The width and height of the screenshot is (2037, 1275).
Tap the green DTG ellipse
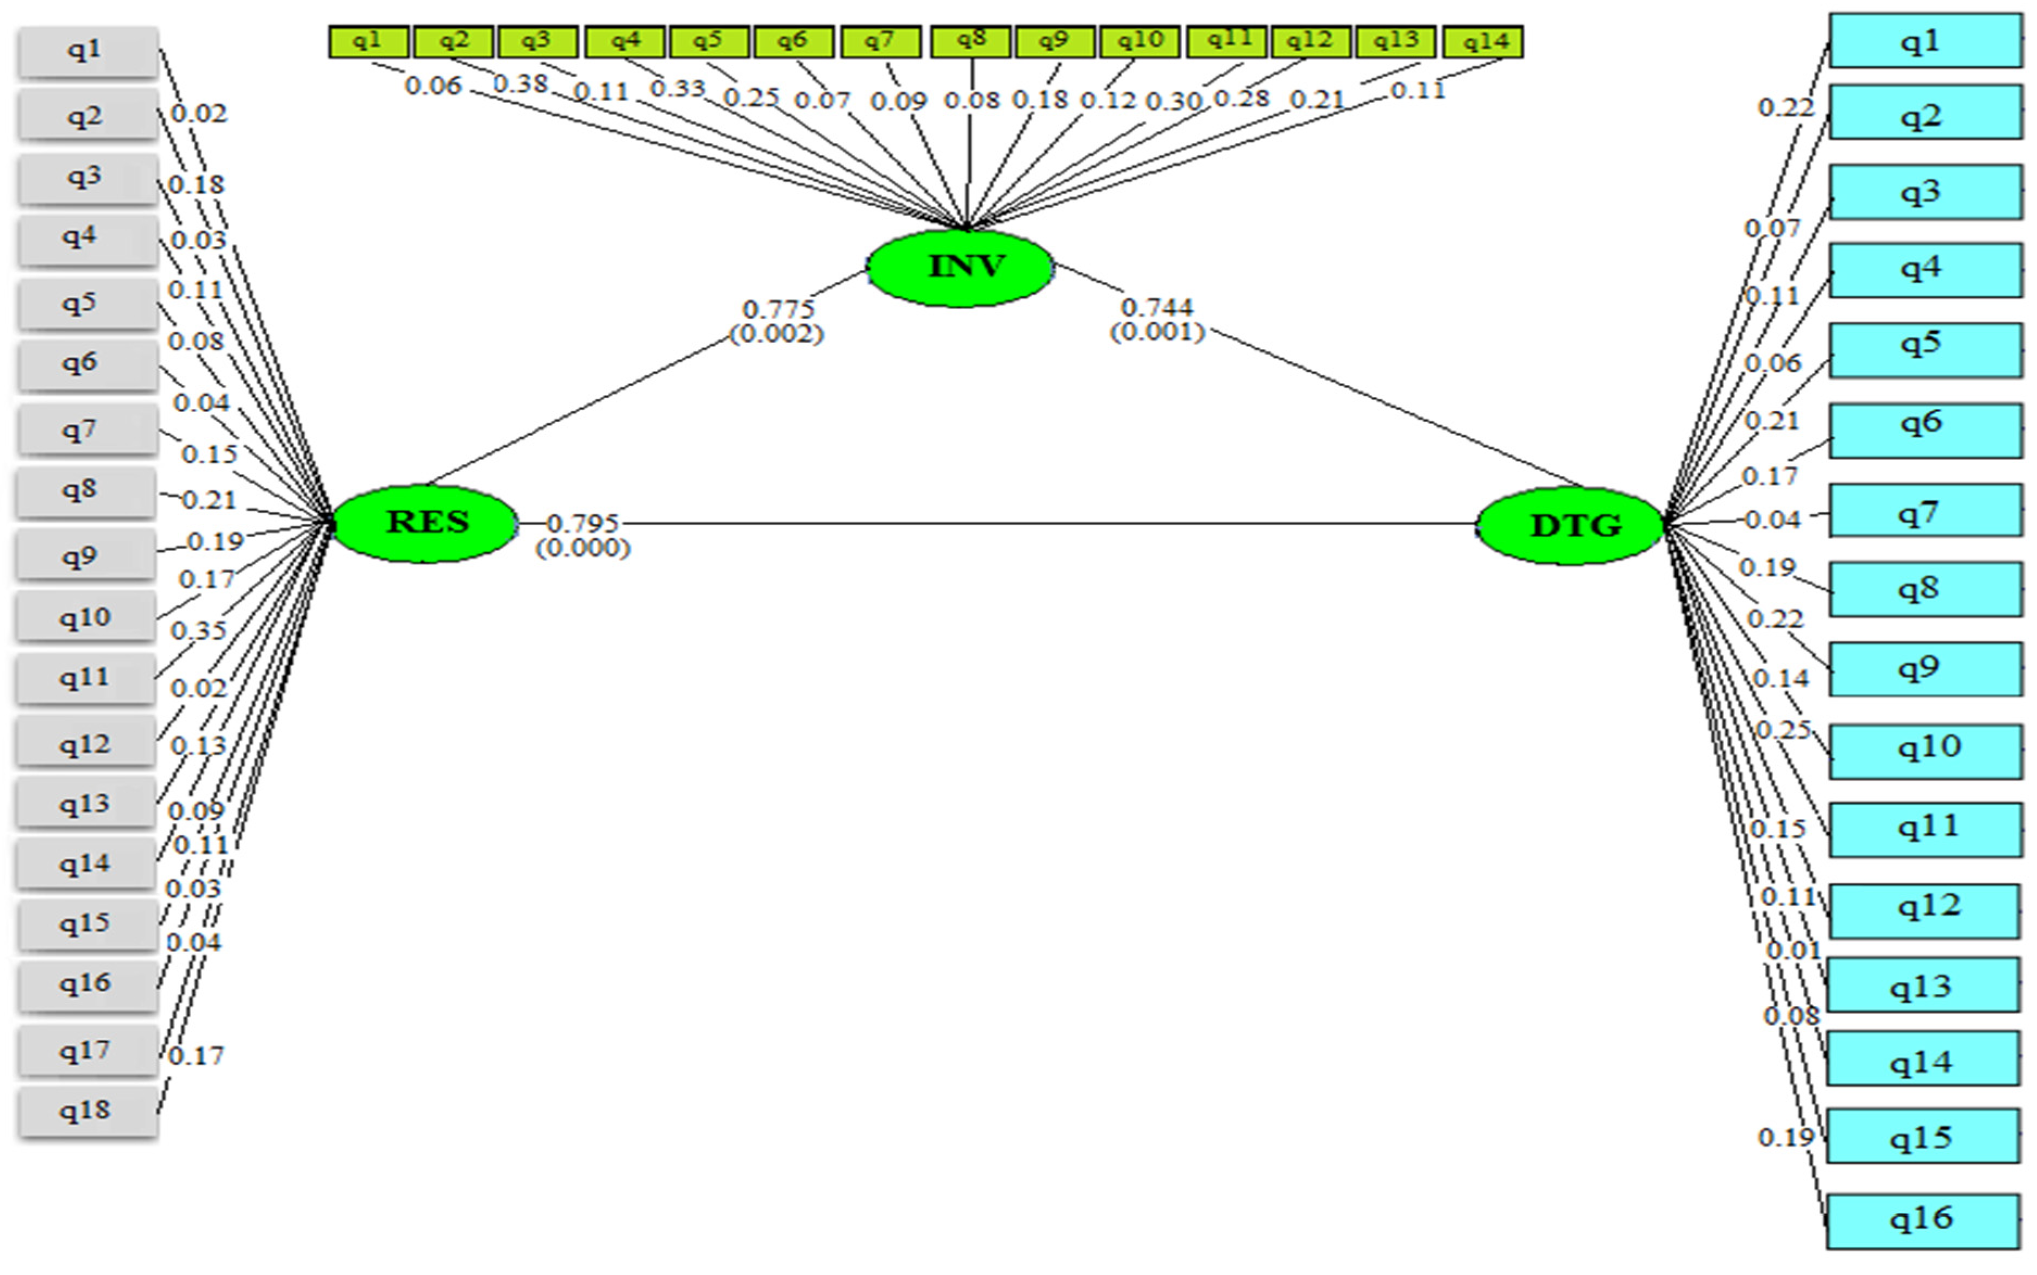click(x=1570, y=525)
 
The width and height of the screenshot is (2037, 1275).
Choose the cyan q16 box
click(x=1923, y=1220)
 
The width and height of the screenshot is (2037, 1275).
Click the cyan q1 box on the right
click(x=1925, y=41)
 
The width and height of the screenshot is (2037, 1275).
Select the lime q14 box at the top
click(x=1483, y=41)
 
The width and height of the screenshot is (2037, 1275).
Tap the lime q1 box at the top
click(x=369, y=41)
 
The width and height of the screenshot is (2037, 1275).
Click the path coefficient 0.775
click(x=778, y=310)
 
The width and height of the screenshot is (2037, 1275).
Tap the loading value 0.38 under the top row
click(x=520, y=84)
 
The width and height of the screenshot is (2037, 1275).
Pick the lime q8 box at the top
click(x=970, y=41)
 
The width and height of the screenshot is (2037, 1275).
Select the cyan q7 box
click(x=1925, y=511)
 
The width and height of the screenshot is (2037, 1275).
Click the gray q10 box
click(x=85, y=618)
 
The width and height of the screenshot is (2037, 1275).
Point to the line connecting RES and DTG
click(x=1012, y=523)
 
